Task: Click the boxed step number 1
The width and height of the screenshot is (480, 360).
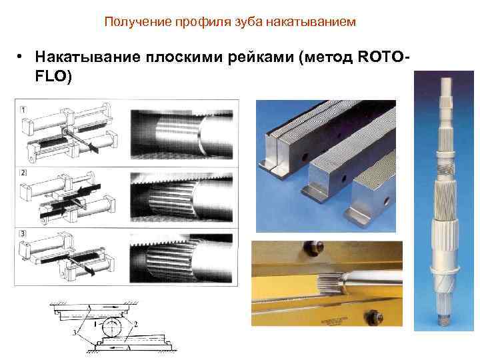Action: point(23,108)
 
